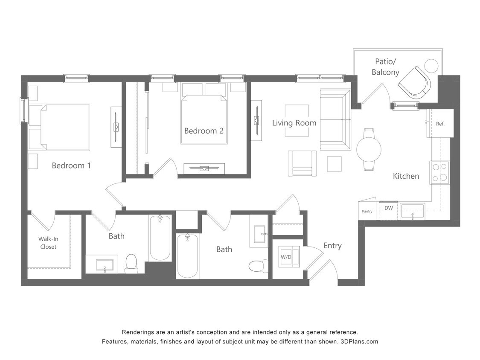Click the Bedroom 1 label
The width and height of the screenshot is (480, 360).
71,165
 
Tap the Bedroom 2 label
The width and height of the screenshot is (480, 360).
204,131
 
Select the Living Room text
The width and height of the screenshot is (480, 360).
294,123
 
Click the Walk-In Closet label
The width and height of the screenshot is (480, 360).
48,243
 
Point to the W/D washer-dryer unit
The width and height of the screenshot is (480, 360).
286,257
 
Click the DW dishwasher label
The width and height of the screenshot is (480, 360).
389,208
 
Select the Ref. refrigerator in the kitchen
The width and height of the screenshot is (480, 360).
440,124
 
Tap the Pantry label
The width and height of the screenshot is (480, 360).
367,211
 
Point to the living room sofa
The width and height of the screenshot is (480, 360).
335,119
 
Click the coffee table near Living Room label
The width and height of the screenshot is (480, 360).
297,121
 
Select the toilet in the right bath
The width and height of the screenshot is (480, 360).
259,265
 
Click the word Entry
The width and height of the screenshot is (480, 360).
332,246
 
